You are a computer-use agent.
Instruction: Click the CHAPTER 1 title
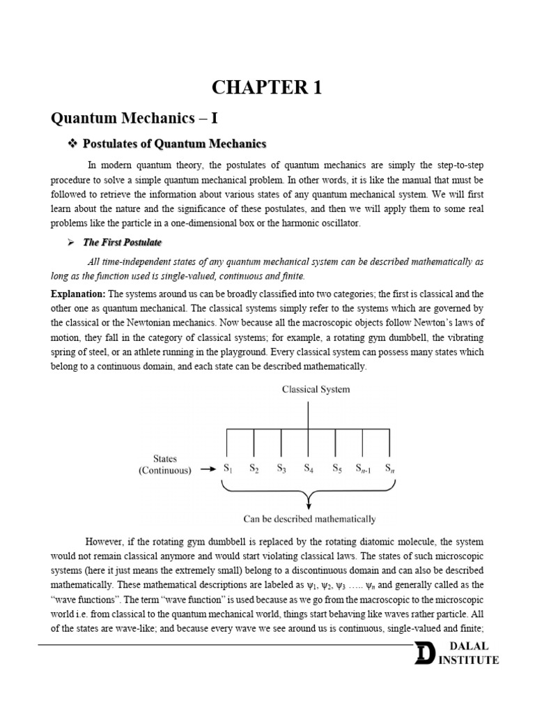267,87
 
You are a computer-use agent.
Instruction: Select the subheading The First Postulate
122,243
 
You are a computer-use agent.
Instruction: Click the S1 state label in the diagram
227,469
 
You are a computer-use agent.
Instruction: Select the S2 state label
254,469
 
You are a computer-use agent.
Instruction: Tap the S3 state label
281,469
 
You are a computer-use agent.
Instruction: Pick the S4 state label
309,469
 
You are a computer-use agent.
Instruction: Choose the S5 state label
336,469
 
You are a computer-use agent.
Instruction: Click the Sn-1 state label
364,469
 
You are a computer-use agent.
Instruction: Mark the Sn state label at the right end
389,469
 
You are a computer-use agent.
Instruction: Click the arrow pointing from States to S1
208,469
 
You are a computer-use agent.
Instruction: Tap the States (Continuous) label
164,464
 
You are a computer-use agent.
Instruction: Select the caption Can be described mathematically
309,519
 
